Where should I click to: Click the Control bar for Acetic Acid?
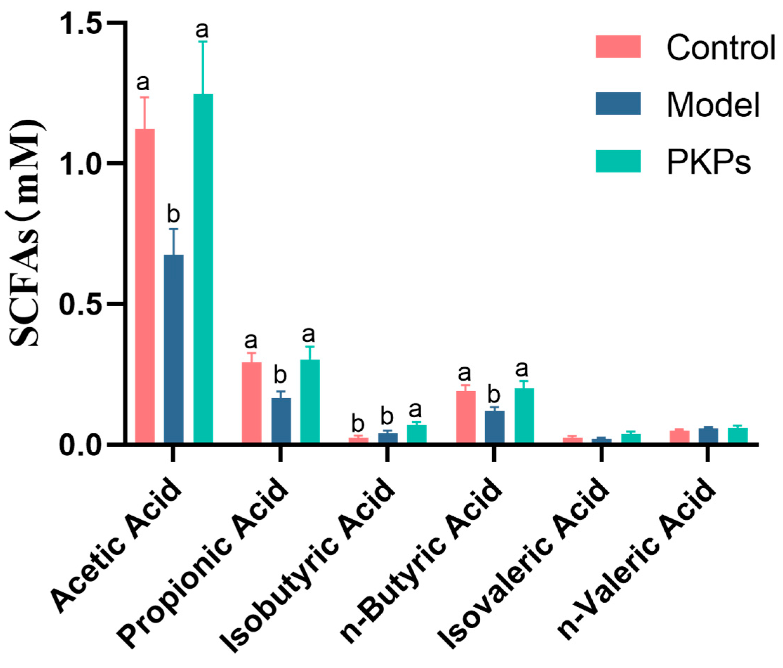(x=145, y=286)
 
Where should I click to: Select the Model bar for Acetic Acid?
(x=174, y=348)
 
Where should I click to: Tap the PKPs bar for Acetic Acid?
(x=203, y=268)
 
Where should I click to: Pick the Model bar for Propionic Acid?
(x=281, y=420)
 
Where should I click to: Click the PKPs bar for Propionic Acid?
(x=310, y=401)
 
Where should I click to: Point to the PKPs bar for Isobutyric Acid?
(x=417, y=434)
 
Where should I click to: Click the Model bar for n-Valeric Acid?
(x=708, y=435)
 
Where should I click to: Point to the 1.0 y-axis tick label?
(x=79, y=164)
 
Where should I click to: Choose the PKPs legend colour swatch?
(x=618, y=162)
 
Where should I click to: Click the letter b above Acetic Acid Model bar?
(x=173, y=215)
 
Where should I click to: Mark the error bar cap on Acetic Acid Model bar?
(x=174, y=229)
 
